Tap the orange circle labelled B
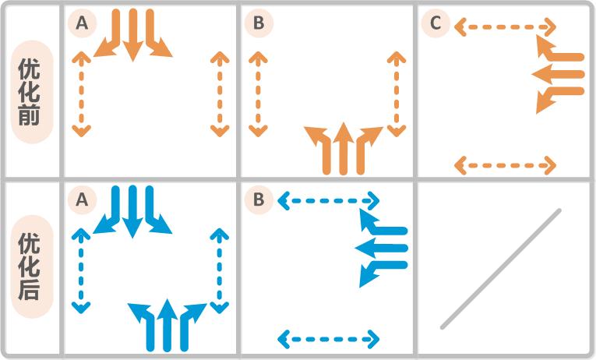coord(259,24)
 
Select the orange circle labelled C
coord(436,24)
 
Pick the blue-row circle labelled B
coord(259,200)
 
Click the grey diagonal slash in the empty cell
coord(501,268)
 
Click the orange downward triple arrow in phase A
coord(133,35)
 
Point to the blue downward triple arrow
coord(133,211)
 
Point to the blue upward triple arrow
coord(167,324)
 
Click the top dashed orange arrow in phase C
coord(505,28)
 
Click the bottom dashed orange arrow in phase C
coord(505,165)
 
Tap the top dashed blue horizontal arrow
coord(328,202)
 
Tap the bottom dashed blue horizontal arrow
coord(328,339)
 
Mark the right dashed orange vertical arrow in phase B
coord(397,94)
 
